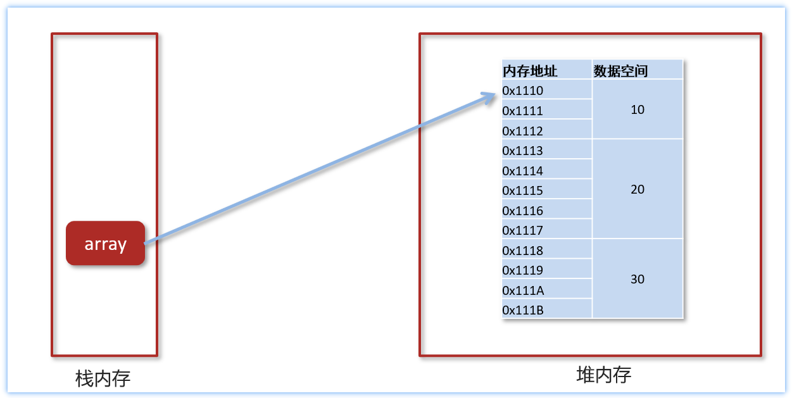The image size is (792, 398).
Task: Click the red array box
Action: click(x=105, y=243)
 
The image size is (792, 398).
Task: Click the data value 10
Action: click(x=638, y=109)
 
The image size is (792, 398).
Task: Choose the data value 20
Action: click(x=638, y=189)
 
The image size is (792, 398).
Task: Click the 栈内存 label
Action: click(x=103, y=378)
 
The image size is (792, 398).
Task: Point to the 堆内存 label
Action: click(x=603, y=375)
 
